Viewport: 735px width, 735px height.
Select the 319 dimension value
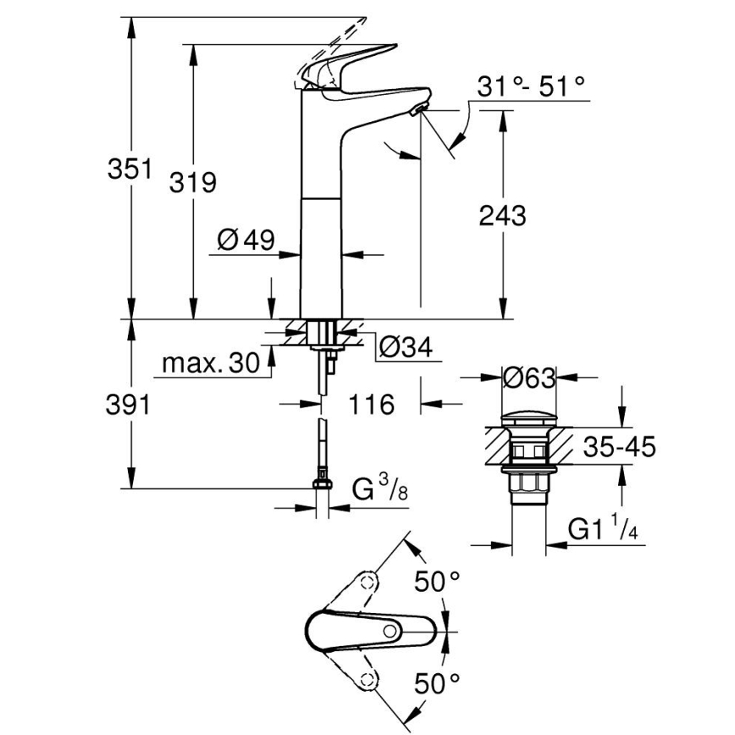(x=193, y=182)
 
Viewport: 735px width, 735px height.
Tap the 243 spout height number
(x=502, y=215)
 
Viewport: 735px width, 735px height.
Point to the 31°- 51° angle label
(x=531, y=85)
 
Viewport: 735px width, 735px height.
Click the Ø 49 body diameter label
(x=246, y=241)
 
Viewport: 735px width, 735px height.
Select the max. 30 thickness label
(x=209, y=363)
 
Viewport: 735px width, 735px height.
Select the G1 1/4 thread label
(x=602, y=530)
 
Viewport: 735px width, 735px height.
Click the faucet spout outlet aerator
(x=417, y=110)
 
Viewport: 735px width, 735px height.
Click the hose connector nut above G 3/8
(x=321, y=484)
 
